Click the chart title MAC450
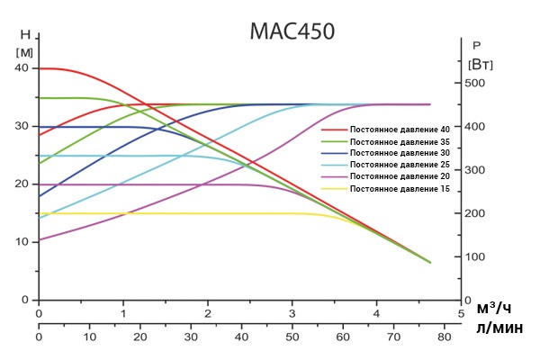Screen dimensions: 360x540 [292, 31]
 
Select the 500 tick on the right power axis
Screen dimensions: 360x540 [474, 83]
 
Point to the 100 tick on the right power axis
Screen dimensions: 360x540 [474, 257]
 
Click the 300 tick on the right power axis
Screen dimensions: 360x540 [474, 170]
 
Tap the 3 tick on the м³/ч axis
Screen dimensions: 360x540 [292, 313]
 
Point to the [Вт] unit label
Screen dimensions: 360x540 [481, 64]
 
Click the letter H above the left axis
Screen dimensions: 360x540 [24, 35]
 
